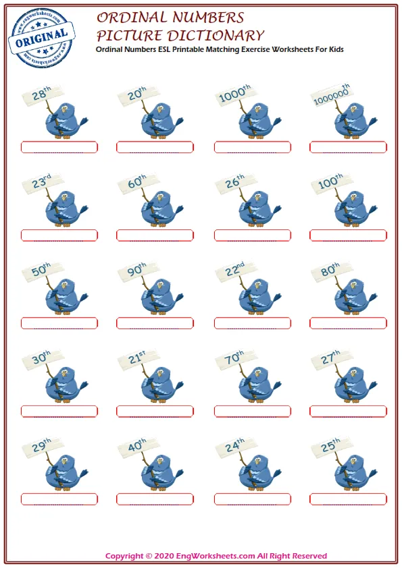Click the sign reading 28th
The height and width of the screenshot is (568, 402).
point(42,95)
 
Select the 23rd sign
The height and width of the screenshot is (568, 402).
point(42,183)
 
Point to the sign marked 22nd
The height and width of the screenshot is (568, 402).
point(236,271)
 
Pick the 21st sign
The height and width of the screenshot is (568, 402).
point(139,359)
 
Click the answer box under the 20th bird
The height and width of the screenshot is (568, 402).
point(155,148)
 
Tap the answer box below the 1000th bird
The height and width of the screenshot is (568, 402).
point(253,148)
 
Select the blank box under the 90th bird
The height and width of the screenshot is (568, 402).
point(155,324)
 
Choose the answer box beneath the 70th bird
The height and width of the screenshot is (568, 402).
point(253,411)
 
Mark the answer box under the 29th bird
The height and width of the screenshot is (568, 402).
point(59,500)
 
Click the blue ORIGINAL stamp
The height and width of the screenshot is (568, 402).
point(41,38)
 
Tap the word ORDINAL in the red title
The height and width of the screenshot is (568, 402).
point(131,18)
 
